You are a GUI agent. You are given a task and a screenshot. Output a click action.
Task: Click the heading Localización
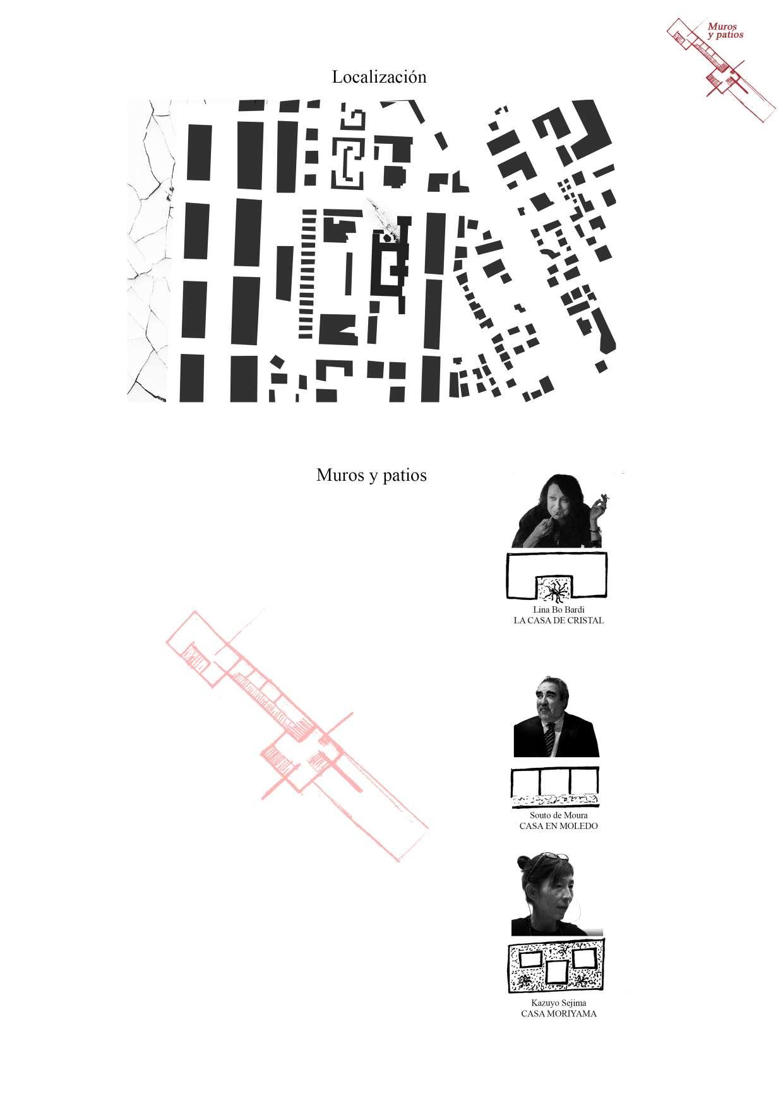[379, 77]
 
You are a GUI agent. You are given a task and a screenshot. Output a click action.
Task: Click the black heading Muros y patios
[371, 475]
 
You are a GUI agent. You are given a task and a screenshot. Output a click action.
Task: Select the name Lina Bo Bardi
[559, 610]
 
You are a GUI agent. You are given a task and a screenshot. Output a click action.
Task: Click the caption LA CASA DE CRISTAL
[559, 620]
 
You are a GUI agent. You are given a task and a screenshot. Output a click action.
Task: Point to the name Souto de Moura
[558, 816]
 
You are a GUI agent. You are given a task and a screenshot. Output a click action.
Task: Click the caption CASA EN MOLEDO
[558, 826]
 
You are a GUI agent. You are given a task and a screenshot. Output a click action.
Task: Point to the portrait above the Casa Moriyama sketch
[556, 895]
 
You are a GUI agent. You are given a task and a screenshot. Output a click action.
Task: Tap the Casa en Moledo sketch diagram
[555, 787]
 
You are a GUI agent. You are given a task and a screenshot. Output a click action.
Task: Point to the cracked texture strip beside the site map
[148, 250]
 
